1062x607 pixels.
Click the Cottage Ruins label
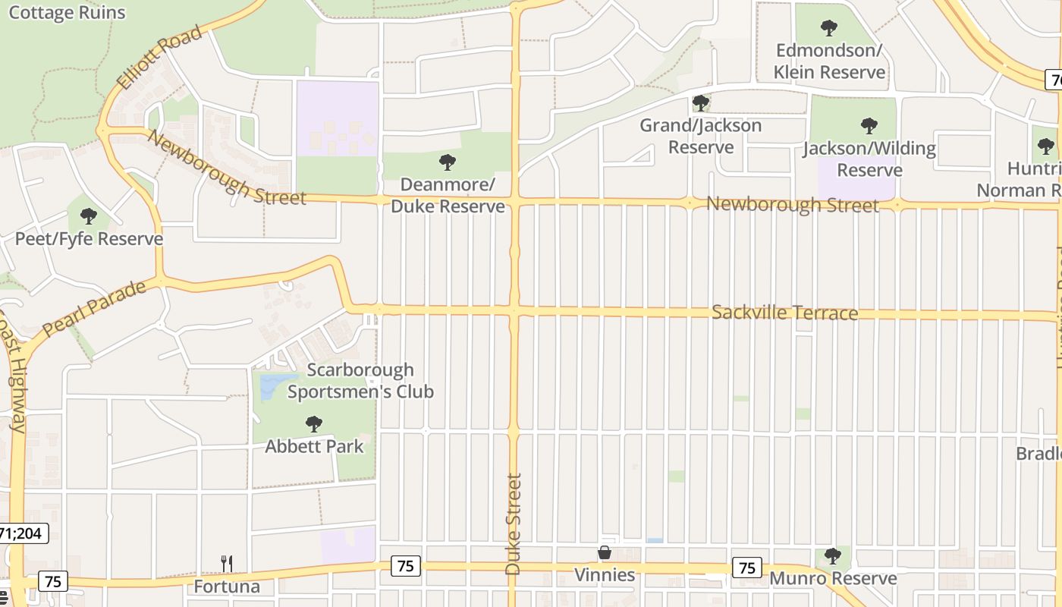(67, 12)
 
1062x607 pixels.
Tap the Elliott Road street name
(159, 58)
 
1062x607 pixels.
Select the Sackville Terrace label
(784, 313)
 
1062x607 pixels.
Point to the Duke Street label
(514, 524)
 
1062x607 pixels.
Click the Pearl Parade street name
(94, 309)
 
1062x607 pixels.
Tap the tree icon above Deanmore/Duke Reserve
(448, 162)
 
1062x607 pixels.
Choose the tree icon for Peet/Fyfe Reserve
(89, 216)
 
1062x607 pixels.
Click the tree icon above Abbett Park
(314, 424)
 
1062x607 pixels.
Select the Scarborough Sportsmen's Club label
(360, 381)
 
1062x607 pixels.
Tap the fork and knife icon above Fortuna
(226, 563)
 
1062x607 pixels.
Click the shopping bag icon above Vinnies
(605, 552)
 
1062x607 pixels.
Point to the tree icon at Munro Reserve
(833, 556)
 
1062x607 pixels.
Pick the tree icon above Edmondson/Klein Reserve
(829, 28)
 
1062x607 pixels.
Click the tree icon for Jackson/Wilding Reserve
(869, 126)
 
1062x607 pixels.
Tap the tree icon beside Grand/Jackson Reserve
(701, 102)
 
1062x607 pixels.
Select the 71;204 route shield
(23, 533)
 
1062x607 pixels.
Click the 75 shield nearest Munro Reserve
(747, 567)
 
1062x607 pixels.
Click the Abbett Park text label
(314, 446)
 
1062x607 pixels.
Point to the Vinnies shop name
(605, 575)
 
